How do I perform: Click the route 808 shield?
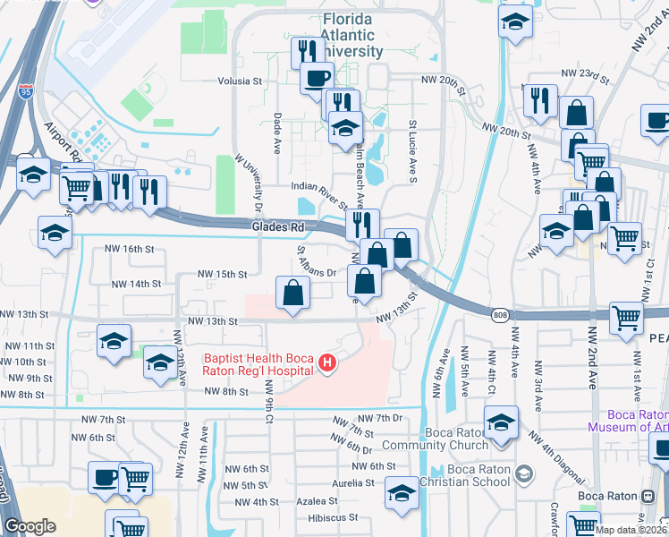500,314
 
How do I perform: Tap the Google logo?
30,526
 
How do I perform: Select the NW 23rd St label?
584,73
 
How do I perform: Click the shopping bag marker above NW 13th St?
293,292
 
